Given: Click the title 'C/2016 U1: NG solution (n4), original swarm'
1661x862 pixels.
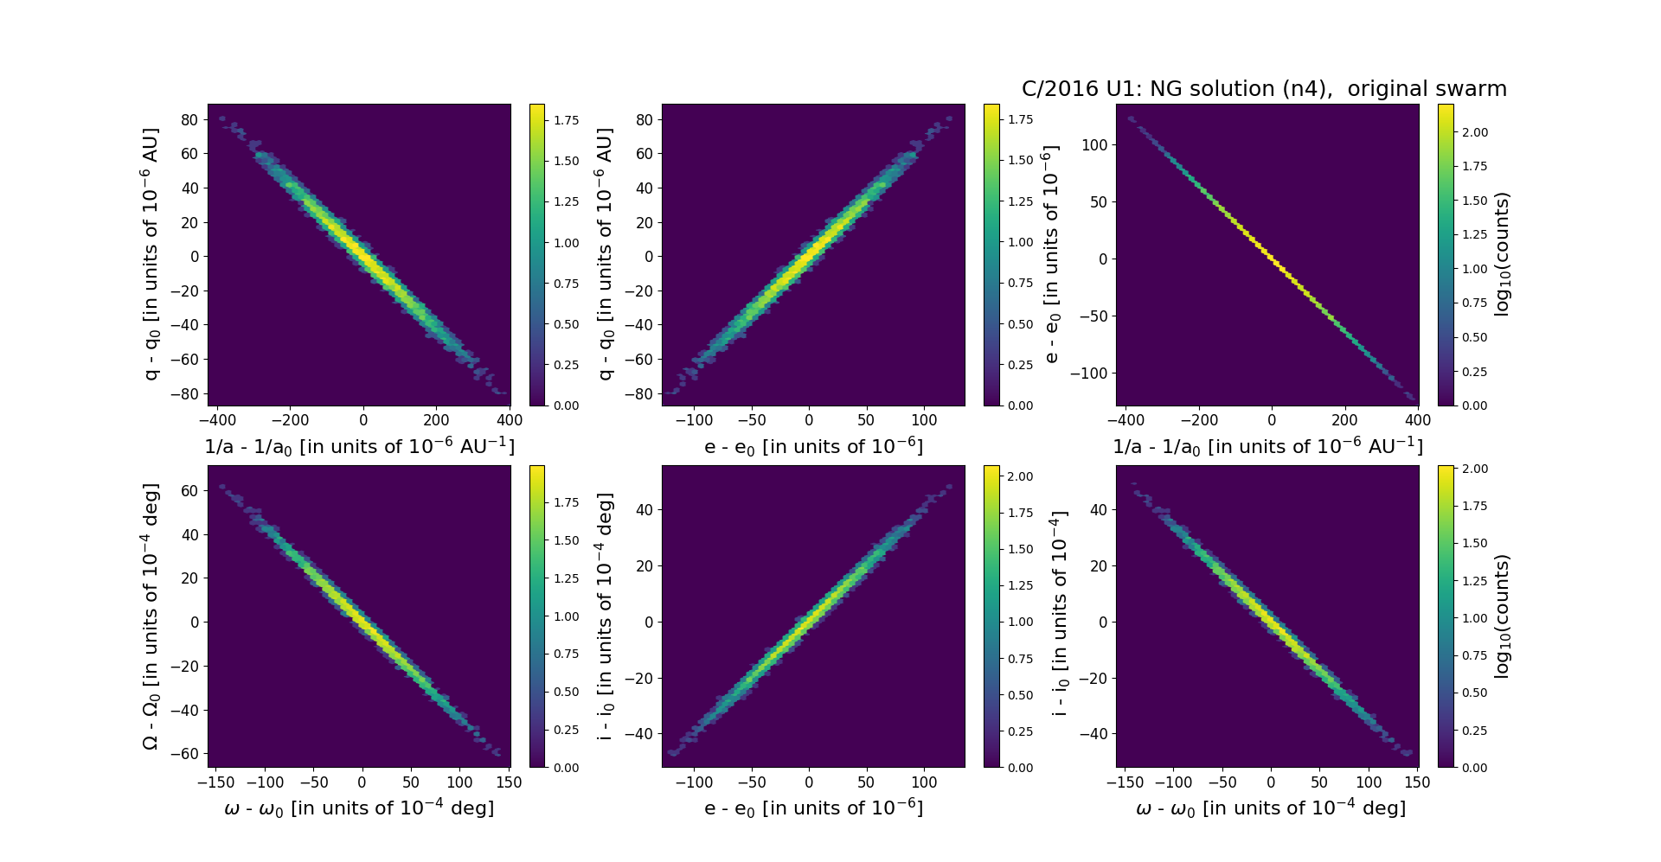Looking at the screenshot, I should [1264, 89].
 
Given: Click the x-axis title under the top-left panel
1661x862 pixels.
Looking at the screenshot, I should [359, 447].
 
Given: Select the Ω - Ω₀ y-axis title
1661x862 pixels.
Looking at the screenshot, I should [151, 616].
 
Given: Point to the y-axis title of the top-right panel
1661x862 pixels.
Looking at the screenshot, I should [1052, 255].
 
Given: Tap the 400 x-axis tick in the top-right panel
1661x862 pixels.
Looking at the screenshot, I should [1418, 420].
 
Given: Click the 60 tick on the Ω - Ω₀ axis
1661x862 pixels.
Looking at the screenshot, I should [189, 490].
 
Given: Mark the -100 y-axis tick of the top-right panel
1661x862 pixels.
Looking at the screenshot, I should [1090, 373].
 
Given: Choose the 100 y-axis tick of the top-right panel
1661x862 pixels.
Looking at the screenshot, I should [1094, 144].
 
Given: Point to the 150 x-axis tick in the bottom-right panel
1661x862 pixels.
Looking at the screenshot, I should [1417, 782].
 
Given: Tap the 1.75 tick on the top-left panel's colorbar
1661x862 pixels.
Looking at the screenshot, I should [567, 119].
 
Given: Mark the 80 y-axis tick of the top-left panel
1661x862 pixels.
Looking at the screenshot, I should [189, 119].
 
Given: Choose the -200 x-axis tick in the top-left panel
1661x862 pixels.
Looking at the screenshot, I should [290, 420].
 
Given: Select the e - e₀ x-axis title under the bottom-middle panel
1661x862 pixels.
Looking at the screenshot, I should [813, 808].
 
